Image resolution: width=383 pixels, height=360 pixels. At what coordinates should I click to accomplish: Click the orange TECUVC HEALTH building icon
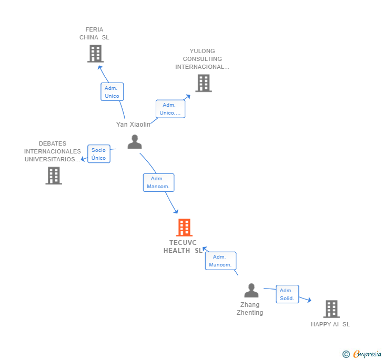pos(184,228)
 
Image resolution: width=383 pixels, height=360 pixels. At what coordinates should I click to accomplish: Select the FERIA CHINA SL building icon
pos(95,54)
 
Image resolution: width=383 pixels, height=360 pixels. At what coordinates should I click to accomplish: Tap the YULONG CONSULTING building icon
pos(204,83)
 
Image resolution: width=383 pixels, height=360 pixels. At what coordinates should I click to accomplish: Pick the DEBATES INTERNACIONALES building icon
pos(54,176)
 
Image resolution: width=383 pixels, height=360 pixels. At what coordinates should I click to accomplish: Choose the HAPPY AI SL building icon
pos(331,309)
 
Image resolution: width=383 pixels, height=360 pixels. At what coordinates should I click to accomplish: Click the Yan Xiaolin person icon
pos(135,142)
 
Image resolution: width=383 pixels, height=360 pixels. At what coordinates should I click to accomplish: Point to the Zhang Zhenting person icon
pos(251,291)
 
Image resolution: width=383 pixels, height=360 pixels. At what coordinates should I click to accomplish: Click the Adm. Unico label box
pos(112,92)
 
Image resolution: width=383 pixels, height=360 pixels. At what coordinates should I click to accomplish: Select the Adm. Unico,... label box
pos(170,109)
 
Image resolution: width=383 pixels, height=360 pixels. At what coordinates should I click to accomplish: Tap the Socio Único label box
pos(98,154)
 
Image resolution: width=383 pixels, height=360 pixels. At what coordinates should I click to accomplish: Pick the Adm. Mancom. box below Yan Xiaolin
pos(158,182)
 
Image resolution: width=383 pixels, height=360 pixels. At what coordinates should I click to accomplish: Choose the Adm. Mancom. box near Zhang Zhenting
pos(220,261)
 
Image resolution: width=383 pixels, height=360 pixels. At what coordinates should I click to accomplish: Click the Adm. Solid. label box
pos(287,294)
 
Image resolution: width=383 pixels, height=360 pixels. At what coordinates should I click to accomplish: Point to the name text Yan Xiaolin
pos(133,125)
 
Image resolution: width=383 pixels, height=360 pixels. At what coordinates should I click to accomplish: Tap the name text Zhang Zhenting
pos(251,308)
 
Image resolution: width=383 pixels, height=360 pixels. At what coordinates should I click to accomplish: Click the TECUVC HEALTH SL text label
pos(183,246)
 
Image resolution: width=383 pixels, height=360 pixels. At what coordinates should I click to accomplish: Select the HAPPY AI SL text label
pos(330,324)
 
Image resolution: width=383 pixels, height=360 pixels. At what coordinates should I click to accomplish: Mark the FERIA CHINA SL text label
pos(94,33)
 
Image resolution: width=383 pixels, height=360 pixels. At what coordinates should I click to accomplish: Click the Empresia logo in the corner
pos(362,354)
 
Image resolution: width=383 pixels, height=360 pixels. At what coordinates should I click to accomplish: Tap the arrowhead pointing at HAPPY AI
pos(309,301)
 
